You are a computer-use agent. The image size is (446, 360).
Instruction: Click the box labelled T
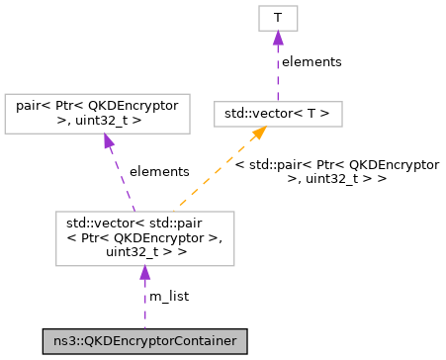tap(278, 17)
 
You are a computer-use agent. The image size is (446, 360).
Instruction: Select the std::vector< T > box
tap(278, 114)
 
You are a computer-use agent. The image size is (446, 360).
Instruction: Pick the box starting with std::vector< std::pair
tap(144, 237)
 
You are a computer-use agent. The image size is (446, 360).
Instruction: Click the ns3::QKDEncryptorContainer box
tap(144, 341)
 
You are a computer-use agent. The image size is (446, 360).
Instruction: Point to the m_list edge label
tap(168, 296)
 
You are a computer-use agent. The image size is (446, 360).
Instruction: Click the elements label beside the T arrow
tap(311, 62)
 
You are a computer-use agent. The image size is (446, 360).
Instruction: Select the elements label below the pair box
tap(160, 171)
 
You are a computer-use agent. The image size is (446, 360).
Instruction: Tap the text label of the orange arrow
tap(336, 171)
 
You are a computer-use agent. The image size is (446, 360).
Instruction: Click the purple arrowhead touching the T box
tap(278, 38)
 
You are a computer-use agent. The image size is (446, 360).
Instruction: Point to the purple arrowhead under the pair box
tap(107, 140)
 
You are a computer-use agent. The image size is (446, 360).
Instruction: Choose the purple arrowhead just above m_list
tap(144, 272)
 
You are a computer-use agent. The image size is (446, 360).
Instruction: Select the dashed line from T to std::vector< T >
tap(278, 74)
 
